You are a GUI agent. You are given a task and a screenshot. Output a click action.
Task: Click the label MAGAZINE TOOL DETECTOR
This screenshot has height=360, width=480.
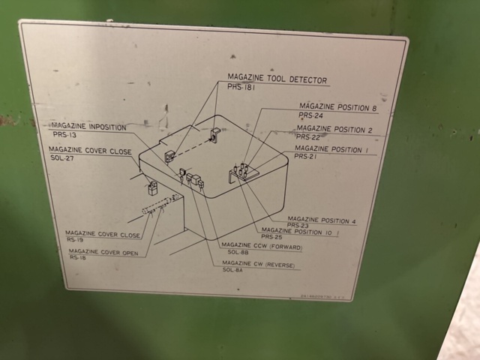[x=277, y=79]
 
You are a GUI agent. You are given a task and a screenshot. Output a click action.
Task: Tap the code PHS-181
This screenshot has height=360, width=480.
[x=241, y=88]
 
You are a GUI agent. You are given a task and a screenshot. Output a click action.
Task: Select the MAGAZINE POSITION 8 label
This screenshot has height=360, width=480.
[x=337, y=108]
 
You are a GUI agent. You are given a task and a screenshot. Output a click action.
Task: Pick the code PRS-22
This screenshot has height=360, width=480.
[x=307, y=137]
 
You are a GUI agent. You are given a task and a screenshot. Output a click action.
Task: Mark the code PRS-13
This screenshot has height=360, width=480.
[x=64, y=135]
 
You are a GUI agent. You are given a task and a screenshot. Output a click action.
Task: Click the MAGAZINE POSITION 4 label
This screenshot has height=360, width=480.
[x=322, y=221]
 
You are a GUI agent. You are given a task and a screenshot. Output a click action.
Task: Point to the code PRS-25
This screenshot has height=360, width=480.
[x=271, y=237]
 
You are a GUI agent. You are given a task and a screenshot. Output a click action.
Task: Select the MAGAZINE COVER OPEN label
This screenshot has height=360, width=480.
[x=103, y=252]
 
